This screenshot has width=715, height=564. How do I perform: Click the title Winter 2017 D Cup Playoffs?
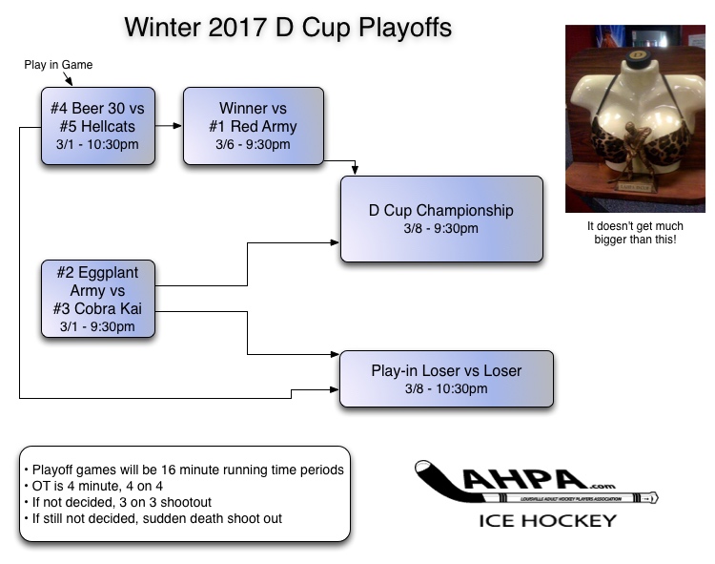288,28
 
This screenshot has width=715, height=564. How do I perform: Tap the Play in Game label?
58,65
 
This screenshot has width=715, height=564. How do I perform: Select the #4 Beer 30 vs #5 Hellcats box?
97,126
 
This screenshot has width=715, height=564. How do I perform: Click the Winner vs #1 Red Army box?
253,126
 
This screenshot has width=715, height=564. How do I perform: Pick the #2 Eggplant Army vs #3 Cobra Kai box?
97,299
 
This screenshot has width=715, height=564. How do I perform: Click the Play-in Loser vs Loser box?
446,379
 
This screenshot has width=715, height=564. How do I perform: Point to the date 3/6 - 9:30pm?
253,145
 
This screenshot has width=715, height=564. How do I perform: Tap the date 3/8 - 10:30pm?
446,389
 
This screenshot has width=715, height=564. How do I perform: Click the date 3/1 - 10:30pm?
97,145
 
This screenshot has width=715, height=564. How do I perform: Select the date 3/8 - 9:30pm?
441,229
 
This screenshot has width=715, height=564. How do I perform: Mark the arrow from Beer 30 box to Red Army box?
169,125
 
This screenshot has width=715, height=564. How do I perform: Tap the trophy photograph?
627,118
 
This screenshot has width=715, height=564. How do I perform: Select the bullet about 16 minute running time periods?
184,470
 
